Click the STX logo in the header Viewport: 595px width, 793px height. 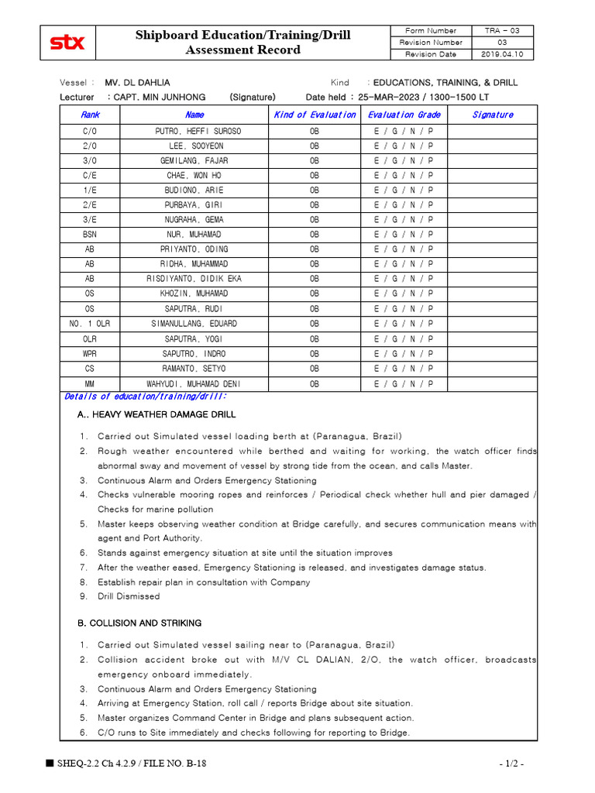pos(67,43)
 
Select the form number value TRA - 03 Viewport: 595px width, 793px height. pos(502,31)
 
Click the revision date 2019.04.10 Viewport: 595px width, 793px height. pos(502,55)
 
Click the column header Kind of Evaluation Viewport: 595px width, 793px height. pos(315,115)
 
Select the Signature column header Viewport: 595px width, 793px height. pos(492,115)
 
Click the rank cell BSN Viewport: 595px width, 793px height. pos(90,235)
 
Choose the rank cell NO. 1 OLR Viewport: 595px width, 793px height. pos(90,324)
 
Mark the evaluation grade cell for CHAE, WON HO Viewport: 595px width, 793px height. pos(403,176)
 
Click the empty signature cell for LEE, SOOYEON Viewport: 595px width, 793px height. pos(492,146)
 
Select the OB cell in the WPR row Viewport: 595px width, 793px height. pos(315,354)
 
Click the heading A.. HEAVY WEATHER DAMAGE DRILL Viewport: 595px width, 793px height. pos(146,415)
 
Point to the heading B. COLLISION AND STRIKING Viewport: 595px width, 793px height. pos(139,623)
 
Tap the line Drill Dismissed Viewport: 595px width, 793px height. pos(129,596)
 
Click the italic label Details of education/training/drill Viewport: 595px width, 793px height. pos(145,396)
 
